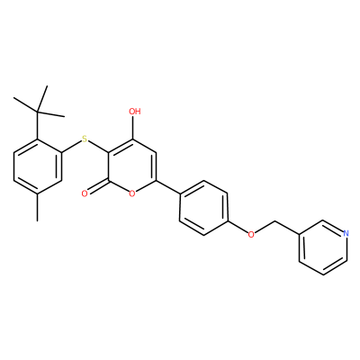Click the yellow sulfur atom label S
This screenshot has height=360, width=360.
(x=85, y=139)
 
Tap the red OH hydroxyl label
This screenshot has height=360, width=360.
(x=135, y=112)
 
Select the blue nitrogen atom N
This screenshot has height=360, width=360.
(x=346, y=233)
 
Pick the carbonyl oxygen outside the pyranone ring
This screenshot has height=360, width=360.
(x=85, y=193)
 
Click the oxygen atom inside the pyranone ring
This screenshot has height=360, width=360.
(x=131, y=193)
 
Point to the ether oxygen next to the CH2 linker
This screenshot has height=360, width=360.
(x=251, y=234)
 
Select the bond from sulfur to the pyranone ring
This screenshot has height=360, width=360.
(x=99, y=147)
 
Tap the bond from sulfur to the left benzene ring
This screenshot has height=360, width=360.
(x=71, y=146)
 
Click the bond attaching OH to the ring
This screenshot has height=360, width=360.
(x=133, y=128)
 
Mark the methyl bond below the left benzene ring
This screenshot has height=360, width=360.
(x=38, y=207)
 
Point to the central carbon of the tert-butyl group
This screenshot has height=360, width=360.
(x=38, y=112)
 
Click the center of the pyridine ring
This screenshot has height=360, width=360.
(x=323, y=247)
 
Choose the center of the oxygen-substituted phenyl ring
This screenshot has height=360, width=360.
(x=203, y=208)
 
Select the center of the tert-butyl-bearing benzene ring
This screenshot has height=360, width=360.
(x=38, y=166)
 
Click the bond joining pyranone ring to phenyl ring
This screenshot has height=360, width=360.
(x=168, y=187)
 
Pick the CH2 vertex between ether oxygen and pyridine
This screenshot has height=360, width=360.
(x=275, y=221)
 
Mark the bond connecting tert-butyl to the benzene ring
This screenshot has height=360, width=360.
(x=38, y=125)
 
